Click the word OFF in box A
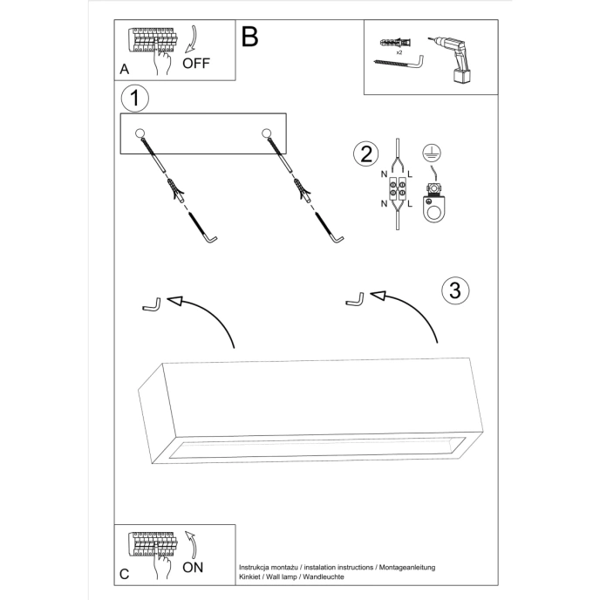click(197, 64)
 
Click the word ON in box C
click(194, 566)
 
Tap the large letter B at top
click(250, 37)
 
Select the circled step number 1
click(133, 99)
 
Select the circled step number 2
click(365, 154)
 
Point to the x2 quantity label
click(399, 53)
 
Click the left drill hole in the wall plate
click(140, 133)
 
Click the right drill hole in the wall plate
click(267, 133)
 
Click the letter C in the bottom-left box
click(125, 574)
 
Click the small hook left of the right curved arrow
click(354, 301)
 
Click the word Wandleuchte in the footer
click(322, 577)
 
